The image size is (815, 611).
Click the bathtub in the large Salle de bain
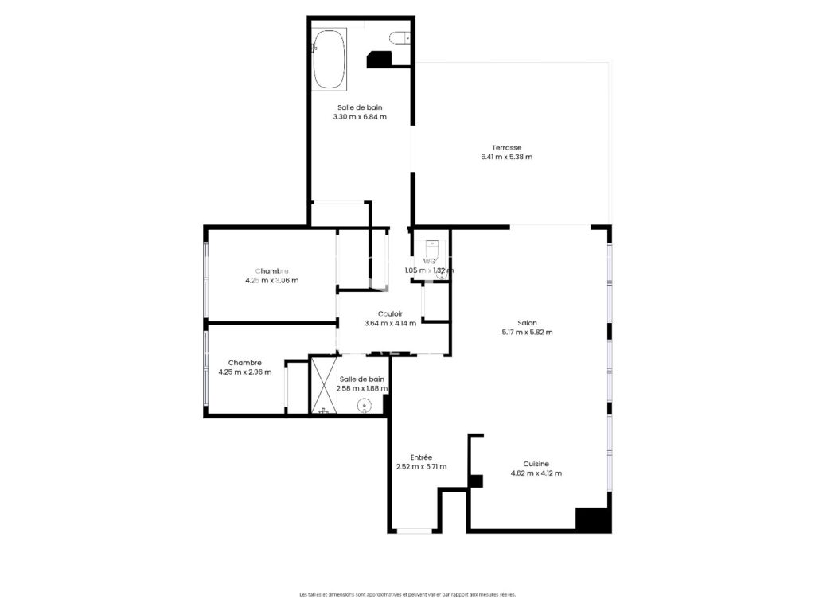(x=329, y=58)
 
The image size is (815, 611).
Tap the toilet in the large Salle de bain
(x=400, y=36)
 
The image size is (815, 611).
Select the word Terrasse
(x=506, y=147)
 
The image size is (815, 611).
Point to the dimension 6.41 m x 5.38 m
(x=506, y=157)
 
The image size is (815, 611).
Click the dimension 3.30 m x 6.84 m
(x=360, y=116)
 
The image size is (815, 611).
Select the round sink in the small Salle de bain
(x=365, y=406)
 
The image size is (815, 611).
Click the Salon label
(x=527, y=323)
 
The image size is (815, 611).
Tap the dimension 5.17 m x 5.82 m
(x=527, y=333)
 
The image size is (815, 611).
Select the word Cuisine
(x=536, y=464)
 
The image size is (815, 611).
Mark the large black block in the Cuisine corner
(x=592, y=520)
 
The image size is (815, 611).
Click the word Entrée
(x=421, y=457)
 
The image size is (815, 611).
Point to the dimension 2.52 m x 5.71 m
(x=421, y=467)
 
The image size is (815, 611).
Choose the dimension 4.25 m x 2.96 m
(x=244, y=372)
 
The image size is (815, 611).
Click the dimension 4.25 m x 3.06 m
(x=271, y=280)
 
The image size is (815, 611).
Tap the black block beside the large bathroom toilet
(x=379, y=60)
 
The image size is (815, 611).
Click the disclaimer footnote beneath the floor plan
(x=407, y=594)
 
